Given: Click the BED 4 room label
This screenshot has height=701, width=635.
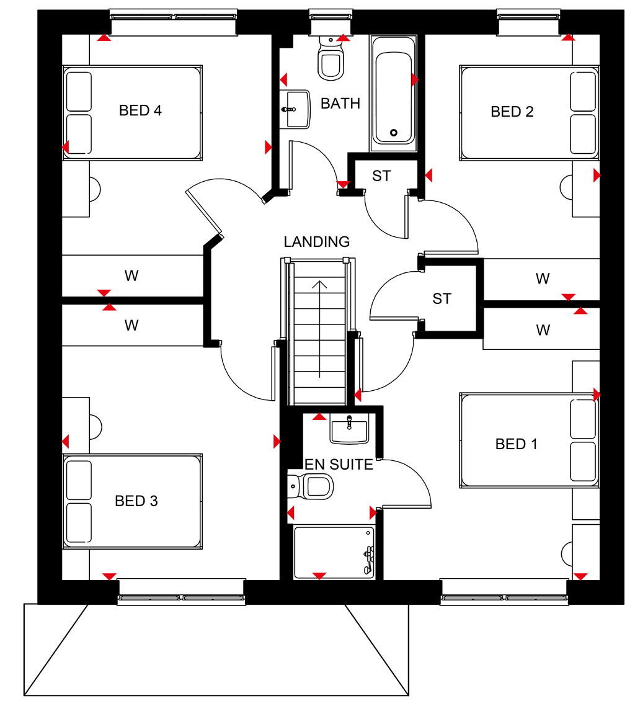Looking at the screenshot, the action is click(140, 110).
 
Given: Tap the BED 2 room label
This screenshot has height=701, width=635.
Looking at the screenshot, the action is click(512, 111).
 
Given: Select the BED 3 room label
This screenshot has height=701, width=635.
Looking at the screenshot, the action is click(136, 501).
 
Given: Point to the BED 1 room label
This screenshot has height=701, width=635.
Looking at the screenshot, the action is click(516, 444).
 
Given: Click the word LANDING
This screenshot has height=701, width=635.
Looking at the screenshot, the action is click(317, 242).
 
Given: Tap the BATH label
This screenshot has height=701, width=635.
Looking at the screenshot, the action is click(340, 103).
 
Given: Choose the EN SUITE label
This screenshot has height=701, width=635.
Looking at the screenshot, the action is click(339, 465).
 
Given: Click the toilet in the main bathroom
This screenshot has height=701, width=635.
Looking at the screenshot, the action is click(331, 58).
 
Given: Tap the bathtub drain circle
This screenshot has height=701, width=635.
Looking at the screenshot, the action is click(394, 132).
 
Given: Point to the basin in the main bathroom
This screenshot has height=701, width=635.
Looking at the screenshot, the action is click(295, 110).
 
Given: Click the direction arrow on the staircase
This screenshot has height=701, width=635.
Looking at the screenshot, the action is click(319, 329).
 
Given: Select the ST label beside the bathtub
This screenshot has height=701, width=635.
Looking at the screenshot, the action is click(381, 176).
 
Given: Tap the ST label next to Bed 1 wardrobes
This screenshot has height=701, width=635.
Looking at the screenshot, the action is click(442, 298).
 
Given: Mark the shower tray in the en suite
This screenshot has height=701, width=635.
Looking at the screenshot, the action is click(334, 552).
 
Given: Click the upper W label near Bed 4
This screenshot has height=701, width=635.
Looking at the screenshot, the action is click(131, 275).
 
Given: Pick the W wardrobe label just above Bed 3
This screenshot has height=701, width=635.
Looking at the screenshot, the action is click(131, 325).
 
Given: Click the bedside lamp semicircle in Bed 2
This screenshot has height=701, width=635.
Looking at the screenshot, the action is click(566, 188).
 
